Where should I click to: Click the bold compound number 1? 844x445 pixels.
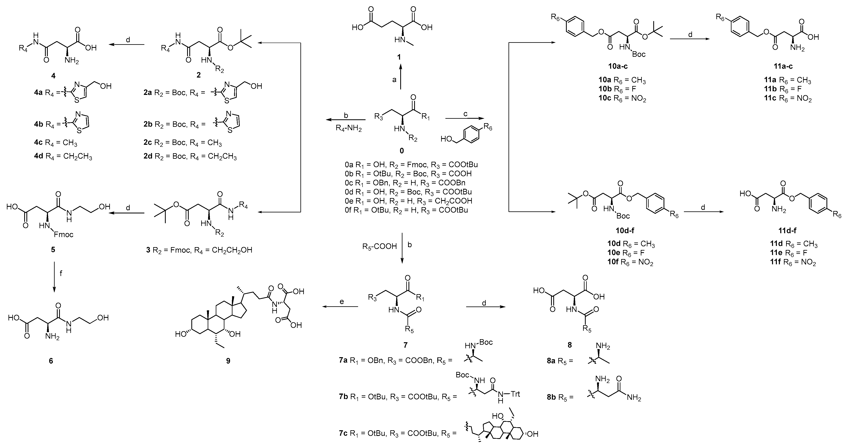(399, 57)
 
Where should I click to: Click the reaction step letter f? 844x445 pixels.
(61, 273)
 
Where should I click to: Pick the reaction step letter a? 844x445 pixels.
(394, 80)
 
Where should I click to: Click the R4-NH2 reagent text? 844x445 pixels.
(349, 128)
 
